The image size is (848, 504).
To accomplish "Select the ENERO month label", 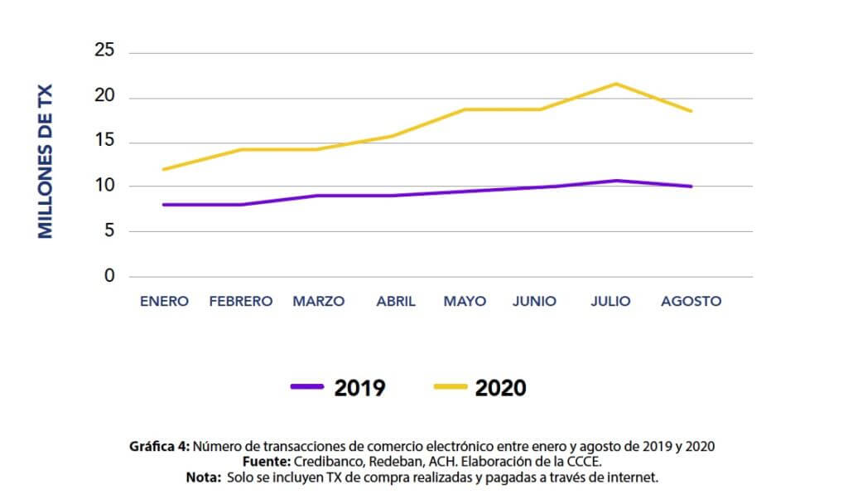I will click(164, 301).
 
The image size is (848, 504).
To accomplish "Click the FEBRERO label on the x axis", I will click(241, 301).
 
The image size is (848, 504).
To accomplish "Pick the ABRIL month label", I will click(396, 301).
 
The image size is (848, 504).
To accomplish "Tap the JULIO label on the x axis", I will click(610, 301).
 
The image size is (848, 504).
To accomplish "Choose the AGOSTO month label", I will click(691, 301).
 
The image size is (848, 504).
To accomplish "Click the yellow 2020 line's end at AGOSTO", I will click(691, 110).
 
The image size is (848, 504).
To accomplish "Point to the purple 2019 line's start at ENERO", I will click(164, 204).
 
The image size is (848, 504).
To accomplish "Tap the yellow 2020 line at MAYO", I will click(465, 109).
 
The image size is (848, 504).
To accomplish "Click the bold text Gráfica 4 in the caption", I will click(160, 446).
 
